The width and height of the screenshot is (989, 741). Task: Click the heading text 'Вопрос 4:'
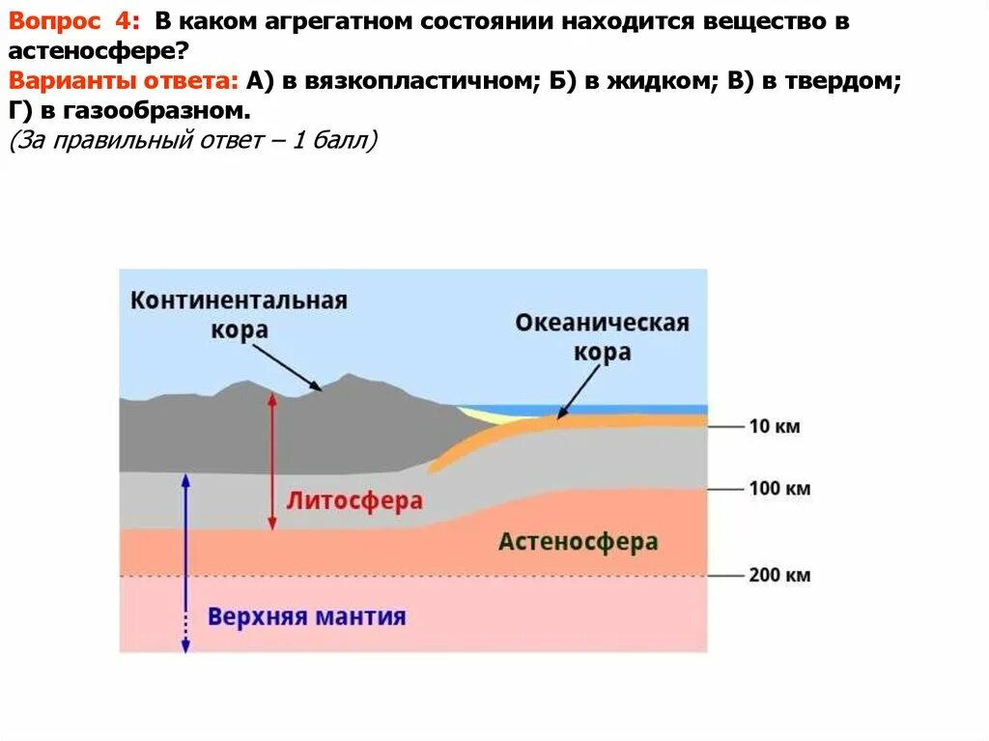coord(74,24)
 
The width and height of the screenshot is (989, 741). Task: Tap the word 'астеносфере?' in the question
coord(94,52)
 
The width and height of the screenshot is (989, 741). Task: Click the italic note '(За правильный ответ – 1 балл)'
coord(193,142)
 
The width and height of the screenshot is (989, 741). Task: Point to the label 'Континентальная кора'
coord(239,314)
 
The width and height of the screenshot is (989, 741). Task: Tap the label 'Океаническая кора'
coord(602,336)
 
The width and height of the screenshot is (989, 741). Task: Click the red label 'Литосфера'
coord(353,501)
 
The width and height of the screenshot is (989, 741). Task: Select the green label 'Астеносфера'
coord(578,542)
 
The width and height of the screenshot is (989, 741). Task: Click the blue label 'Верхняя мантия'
coord(306,616)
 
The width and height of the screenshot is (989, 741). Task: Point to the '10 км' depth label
coord(774,426)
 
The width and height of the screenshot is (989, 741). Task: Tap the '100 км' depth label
coord(778,488)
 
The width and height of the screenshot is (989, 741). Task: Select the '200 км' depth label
coord(778,576)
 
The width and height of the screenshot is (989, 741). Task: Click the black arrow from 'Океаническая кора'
coord(578,392)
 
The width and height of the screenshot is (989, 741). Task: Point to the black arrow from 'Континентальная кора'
coord(289,368)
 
